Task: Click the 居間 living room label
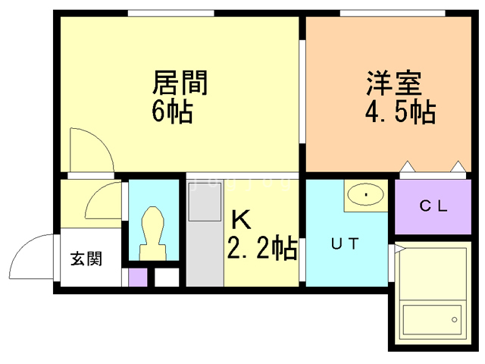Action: pyautogui.click(x=180, y=83)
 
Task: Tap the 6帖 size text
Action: pyautogui.click(x=172, y=111)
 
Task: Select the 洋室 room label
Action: pyautogui.click(x=394, y=83)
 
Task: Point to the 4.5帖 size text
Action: pyautogui.click(x=401, y=112)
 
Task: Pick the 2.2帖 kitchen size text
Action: pyautogui.click(x=262, y=247)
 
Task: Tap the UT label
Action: pyautogui.click(x=345, y=243)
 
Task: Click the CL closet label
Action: pyautogui.click(x=433, y=206)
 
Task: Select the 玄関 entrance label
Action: pyautogui.click(x=86, y=259)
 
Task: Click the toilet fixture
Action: pyautogui.click(x=152, y=234)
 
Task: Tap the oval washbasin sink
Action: pyautogui.click(x=365, y=194)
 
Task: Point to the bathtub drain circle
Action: pyautogui.click(x=455, y=319)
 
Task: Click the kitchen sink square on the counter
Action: pyautogui.click(x=205, y=202)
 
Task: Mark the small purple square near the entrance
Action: pyautogui.click(x=138, y=278)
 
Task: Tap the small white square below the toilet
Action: pyautogui.click(x=167, y=278)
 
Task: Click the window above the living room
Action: pyautogui.click(x=171, y=13)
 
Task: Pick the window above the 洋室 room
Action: pyautogui.click(x=393, y=13)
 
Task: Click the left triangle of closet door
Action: pyautogui.click(x=408, y=166)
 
